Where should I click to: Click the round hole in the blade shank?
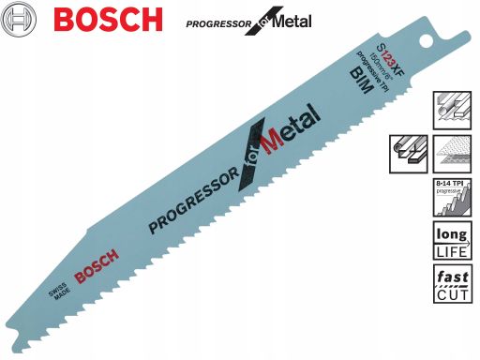[x=428, y=44]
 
